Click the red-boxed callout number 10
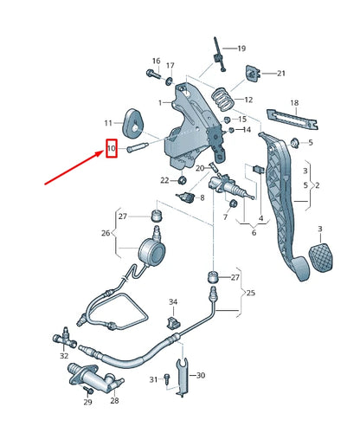(111, 150)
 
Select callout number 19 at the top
(241, 48)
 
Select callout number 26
(106, 233)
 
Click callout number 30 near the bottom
(200, 375)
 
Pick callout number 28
(114, 400)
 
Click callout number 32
(64, 356)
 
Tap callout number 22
(164, 180)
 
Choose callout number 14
(247, 130)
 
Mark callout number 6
(254, 232)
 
